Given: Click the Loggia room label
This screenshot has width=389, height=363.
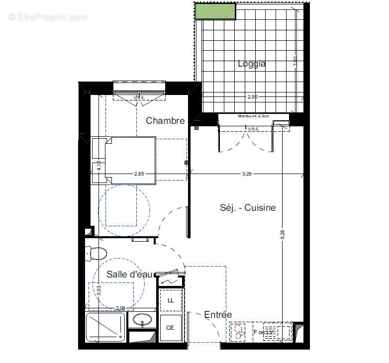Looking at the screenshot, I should point(251,64).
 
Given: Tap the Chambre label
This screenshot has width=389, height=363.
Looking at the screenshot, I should point(165,121).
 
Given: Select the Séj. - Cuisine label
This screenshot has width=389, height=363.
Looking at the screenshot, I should point(248,208).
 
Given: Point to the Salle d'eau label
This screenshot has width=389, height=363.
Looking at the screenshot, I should point(129,274).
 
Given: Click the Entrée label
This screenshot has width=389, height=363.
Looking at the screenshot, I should point(218,315).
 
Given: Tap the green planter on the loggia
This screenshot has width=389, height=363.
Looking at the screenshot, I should point(215,11).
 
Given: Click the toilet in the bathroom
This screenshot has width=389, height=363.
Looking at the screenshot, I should point(97,254).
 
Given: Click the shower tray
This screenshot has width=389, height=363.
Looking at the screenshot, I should point(105,327).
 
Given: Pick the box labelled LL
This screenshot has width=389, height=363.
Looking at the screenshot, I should point(171,300).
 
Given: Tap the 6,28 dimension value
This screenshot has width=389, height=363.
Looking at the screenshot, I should point(283,235).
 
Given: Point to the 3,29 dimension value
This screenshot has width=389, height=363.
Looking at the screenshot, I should point(247,174).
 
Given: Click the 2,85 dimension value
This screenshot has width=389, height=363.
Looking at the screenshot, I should point(140,174).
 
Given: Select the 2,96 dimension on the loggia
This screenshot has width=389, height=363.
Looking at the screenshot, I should point(252,97).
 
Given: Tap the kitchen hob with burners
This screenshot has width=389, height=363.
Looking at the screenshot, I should point(239,332).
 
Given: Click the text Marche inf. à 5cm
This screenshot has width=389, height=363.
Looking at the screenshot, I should point(253,116).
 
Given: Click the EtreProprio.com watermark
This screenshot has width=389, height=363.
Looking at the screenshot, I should point(47,17).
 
